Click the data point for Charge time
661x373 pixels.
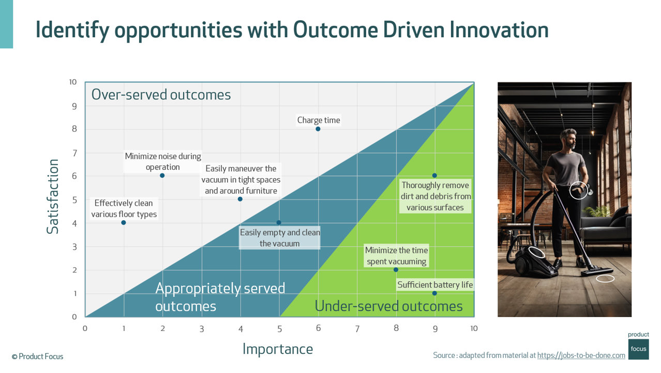[318, 129]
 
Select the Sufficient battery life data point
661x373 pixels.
[434, 293]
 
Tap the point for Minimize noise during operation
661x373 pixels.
[162, 176]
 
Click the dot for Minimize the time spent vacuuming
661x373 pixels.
[396, 269]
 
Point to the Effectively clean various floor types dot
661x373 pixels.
[124, 223]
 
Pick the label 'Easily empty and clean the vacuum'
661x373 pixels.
[279, 238]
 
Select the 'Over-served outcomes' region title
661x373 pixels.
[161, 95]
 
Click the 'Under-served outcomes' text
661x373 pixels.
[388, 306]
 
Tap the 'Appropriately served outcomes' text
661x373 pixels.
[220, 297]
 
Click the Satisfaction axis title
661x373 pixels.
[53, 196]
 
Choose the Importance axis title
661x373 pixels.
[278, 349]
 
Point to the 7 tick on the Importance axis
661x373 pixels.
[357, 328]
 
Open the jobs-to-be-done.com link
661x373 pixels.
[581, 355]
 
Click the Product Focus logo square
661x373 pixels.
[638, 348]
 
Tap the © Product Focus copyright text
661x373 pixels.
[37, 356]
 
